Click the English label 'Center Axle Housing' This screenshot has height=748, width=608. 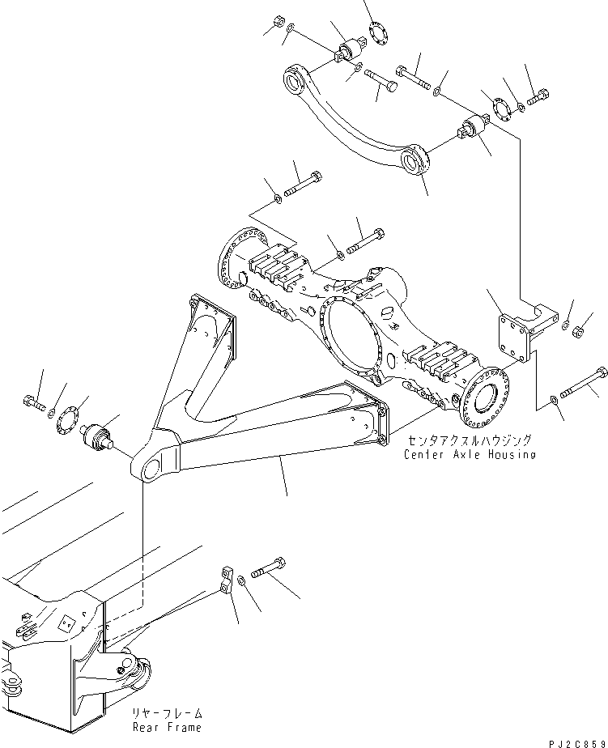coord(470,454)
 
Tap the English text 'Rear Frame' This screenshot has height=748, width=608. coord(168,727)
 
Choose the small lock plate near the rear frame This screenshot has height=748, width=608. coord(225,581)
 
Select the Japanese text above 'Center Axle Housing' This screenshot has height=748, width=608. coord(470,440)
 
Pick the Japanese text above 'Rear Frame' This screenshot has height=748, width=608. coord(168,713)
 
